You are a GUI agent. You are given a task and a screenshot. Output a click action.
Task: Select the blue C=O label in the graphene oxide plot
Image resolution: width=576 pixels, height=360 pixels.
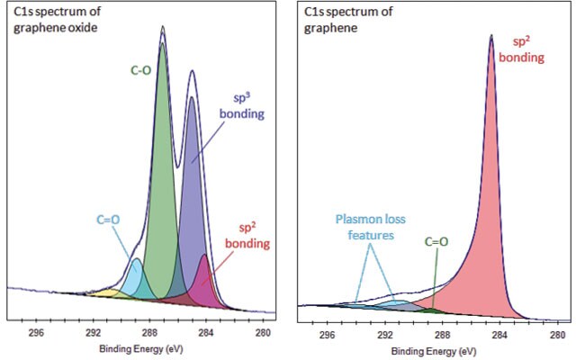click(x=107, y=218)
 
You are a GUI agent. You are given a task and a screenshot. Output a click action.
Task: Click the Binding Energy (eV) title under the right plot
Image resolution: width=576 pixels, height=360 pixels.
click(x=442, y=346)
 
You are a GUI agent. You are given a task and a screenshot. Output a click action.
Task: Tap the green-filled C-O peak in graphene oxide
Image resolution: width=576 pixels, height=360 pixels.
click(x=162, y=180)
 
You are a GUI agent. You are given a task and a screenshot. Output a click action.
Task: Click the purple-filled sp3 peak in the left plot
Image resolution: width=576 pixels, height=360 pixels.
click(x=191, y=198)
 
